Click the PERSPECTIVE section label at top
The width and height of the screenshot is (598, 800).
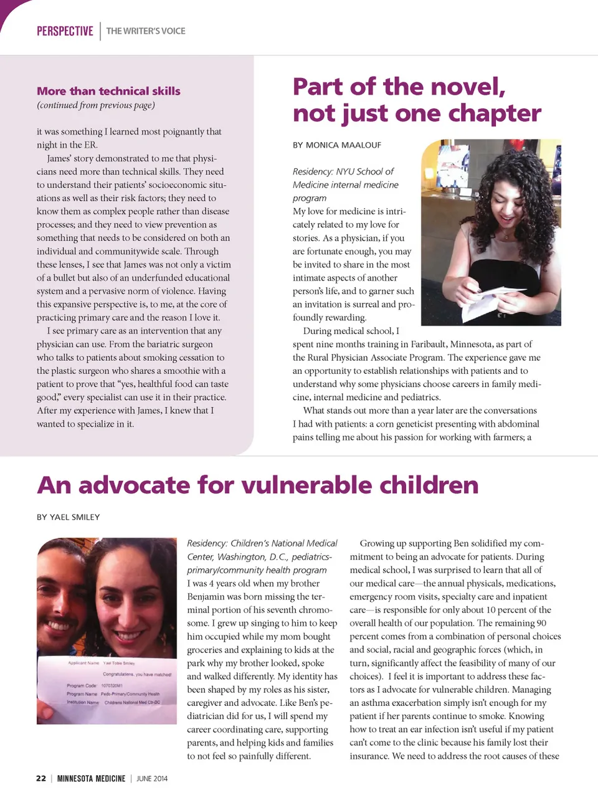coord(65,31)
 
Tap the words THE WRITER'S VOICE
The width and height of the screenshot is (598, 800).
coord(146,31)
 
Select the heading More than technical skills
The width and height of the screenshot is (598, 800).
coord(108,91)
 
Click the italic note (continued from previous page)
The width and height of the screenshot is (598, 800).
coord(96,105)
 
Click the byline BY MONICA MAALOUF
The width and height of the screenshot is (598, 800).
coord(337,145)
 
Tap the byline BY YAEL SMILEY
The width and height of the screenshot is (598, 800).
coord(68,517)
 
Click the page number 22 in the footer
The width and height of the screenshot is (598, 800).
coord(41,778)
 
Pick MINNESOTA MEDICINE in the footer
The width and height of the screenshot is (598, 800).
coord(91,778)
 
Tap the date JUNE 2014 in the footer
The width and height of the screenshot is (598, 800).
coord(152,778)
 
